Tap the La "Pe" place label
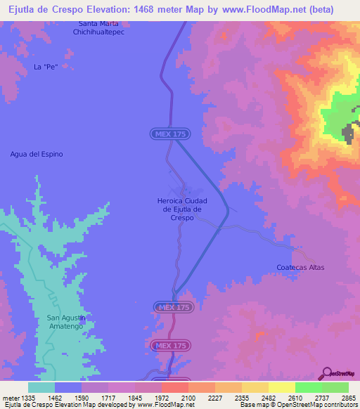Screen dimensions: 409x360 click(x=44, y=67)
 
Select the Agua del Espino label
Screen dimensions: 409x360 click(x=37, y=154)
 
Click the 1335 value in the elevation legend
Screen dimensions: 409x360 click(x=29, y=398)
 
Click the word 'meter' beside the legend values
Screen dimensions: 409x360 click(x=11, y=398)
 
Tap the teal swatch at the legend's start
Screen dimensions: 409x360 click(x=41, y=387)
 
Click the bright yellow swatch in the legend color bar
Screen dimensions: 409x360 click(x=281, y=387)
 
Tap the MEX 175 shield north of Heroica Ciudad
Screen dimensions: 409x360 click(x=166, y=134)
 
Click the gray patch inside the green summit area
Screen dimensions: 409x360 click(x=349, y=132)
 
